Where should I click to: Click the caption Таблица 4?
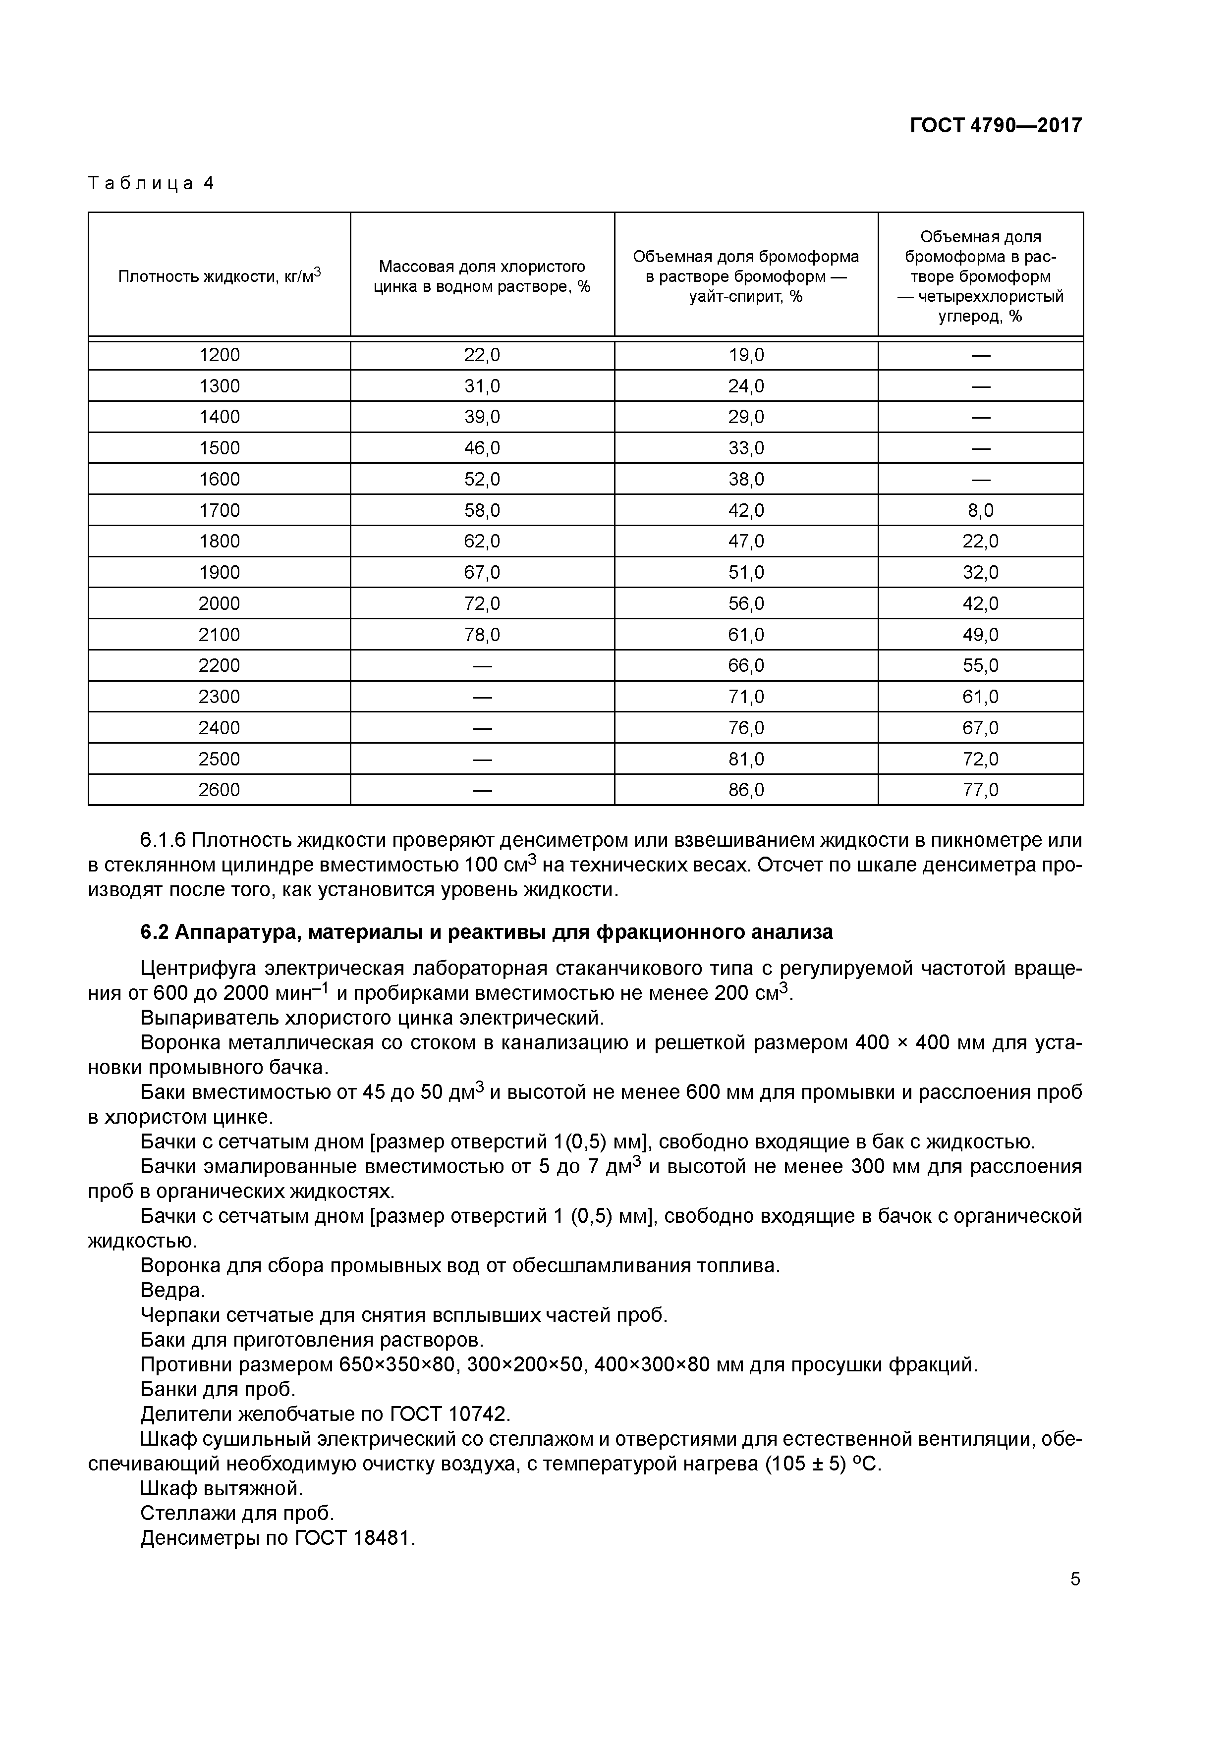152,183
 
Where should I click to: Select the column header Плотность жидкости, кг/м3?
219,275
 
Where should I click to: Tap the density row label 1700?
219,510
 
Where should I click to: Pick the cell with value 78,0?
482,634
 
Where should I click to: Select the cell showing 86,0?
746,790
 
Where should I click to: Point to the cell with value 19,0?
746,355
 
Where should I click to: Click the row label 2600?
219,790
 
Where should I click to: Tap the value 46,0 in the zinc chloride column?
482,448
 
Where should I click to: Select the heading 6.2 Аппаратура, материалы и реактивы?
486,932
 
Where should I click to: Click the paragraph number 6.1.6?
163,840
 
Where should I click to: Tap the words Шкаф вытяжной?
221,1488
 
